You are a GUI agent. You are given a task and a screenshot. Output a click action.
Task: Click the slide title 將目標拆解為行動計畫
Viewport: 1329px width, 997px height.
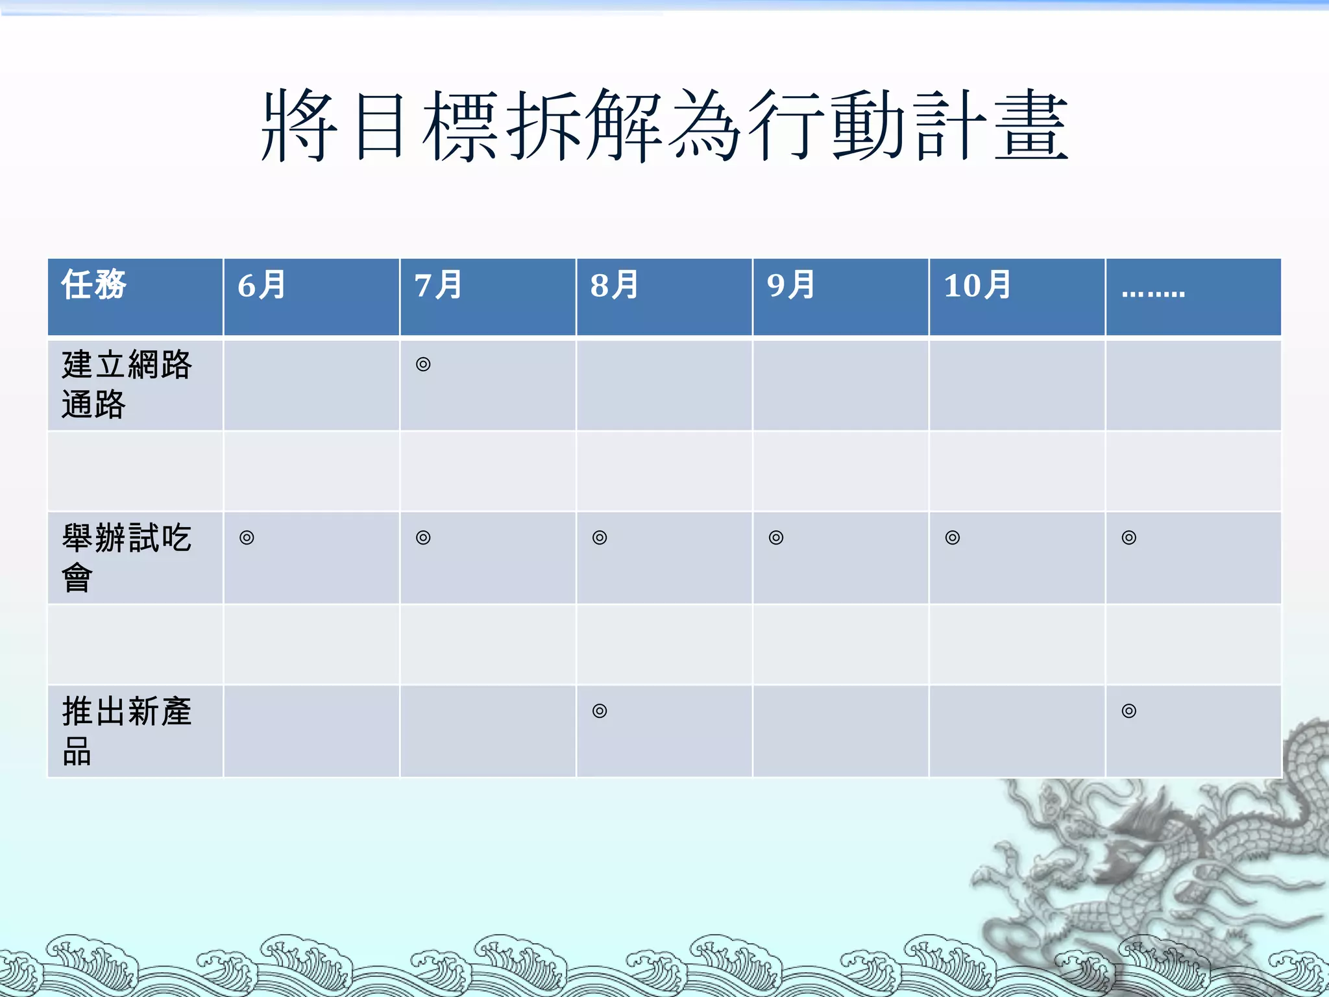pyautogui.click(x=664, y=125)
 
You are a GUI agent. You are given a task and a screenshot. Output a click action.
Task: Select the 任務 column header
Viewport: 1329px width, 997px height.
pyautogui.click(x=94, y=285)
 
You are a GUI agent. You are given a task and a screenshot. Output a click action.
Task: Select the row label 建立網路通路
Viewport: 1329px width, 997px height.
pyautogui.click(x=127, y=384)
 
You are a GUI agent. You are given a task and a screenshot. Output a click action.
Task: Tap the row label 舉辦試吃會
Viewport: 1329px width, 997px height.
pyautogui.click(x=127, y=558)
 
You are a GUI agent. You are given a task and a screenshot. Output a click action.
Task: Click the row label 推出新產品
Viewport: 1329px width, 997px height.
pyautogui.click(x=127, y=731)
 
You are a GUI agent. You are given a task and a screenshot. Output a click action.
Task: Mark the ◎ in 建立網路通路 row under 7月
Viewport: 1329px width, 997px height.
pyautogui.click(x=423, y=364)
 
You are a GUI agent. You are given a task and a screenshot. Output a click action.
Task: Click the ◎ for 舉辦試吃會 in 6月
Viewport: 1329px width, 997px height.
pyautogui.click(x=247, y=537)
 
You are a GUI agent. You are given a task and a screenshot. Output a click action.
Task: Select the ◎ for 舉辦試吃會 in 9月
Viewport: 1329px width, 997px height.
pyautogui.click(x=776, y=537)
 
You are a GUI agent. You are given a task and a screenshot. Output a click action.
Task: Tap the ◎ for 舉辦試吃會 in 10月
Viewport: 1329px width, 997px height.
pyautogui.click(x=953, y=537)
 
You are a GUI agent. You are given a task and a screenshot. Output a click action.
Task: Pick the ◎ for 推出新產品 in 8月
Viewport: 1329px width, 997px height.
pyautogui.click(x=600, y=711)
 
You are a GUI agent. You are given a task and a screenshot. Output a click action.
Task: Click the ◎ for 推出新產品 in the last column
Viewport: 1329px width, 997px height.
pyautogui.click(x=1129, y=711)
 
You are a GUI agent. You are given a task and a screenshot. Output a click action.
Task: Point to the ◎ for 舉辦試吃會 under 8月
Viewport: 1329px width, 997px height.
pyautogui.click(x=600, y=537)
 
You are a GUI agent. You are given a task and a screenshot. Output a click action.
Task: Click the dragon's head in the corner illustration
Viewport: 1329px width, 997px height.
pyautogui.click(x=1129, y=844)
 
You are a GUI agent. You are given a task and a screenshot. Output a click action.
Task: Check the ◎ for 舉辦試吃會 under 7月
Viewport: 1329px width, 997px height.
pyautogui.click(x=423, y=537)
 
